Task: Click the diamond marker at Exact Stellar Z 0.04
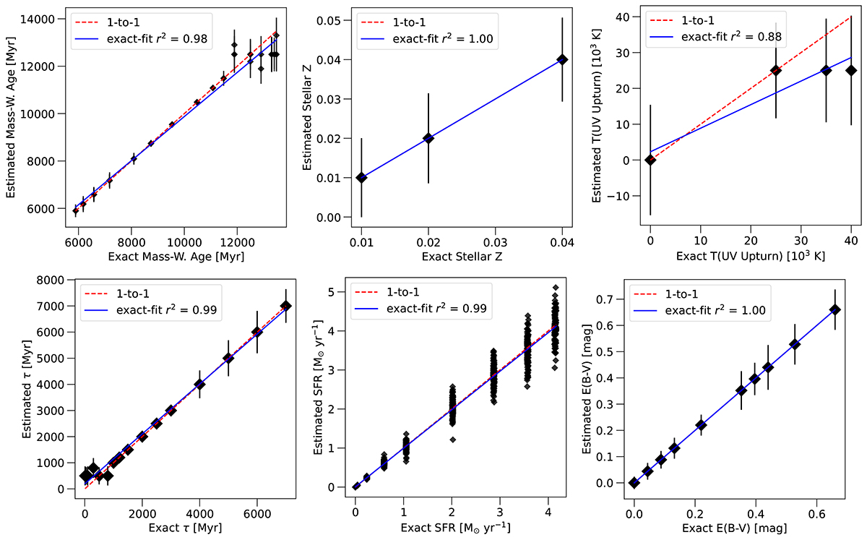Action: [x=563, y=59]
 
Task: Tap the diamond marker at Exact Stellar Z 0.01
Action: [x=361, y=177]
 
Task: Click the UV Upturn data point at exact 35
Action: [x=826, y=70]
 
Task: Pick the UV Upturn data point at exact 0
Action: [x=650, y=160]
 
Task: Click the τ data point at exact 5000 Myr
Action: [x=228, y=358]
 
